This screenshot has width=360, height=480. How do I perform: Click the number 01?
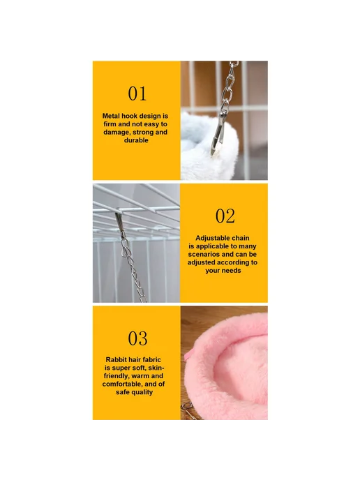coord(137,93)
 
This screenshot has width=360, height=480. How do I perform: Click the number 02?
coord(225,216)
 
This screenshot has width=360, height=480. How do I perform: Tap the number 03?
coord(137,338)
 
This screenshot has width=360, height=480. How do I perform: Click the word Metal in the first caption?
coord(111,116)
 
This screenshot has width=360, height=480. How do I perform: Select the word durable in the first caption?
coord(136,140)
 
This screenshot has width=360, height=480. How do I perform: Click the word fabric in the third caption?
coord(151,360)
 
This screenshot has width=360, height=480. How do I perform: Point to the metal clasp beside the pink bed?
coord(188,410)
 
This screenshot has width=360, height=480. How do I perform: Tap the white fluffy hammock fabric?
coord(208,147)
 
